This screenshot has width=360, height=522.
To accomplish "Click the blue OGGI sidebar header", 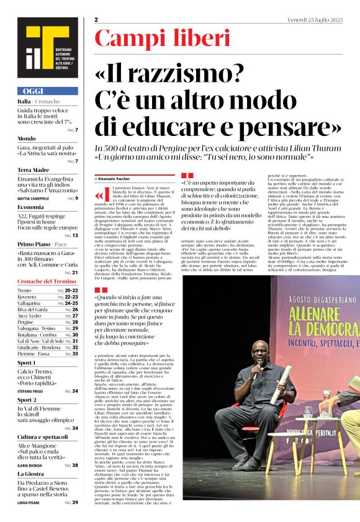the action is coord(47,91).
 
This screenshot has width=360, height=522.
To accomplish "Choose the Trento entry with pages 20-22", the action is coord(48,290).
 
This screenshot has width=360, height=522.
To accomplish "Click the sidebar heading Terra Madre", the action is coord(34,169).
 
